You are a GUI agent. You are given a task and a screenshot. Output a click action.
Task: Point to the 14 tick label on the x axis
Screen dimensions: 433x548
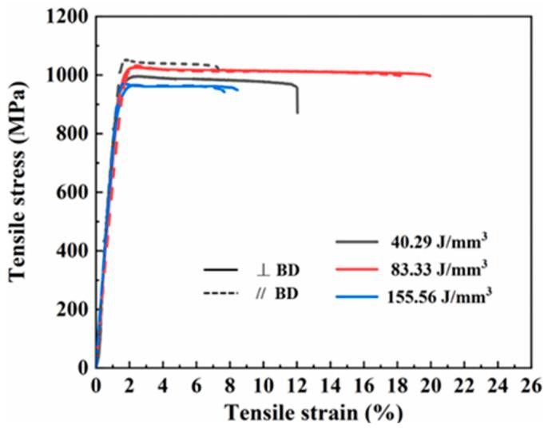point(331,383)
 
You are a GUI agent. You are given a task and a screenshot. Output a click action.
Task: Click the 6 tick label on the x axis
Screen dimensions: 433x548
point(197,383)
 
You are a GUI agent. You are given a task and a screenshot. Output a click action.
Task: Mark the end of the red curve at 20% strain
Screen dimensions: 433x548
point(431,76)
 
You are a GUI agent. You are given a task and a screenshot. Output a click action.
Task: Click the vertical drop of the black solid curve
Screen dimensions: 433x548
point(297,100)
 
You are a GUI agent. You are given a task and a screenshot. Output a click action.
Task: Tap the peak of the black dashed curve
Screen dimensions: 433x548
point(125,59)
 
